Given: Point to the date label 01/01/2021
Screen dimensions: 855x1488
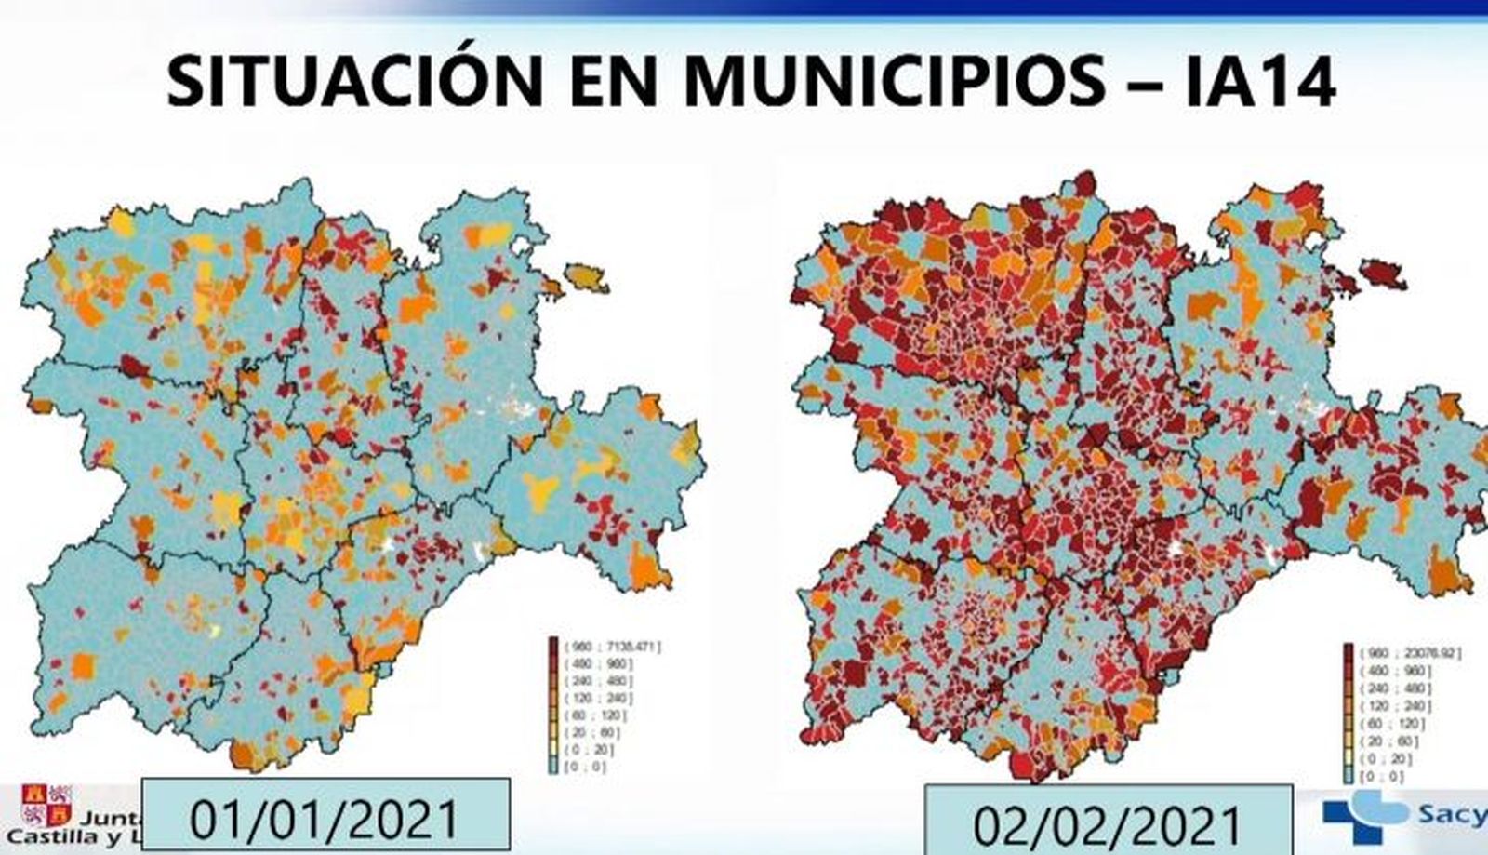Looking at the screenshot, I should pyautogui.click(x=325, y=816).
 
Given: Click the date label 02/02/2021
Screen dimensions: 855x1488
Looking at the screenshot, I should pyautogui.click(x=1107, y=822).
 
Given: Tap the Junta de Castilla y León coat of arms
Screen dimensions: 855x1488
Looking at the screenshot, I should pyautogui.click(x=47, y=806).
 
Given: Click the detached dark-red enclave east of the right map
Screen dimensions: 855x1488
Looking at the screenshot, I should pyautogui.click(x=1383, y=273).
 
